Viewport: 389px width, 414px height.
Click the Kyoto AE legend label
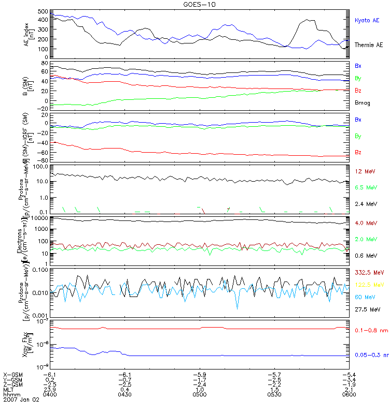tap(367, 21)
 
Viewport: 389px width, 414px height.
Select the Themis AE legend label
tap(368, 45)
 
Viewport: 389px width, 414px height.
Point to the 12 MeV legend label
tap(364, 171)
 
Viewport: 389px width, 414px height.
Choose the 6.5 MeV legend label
tap(365, 187)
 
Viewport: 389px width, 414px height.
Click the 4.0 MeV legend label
tap(365, 223)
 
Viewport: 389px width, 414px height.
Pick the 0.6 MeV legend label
tap(365, 256)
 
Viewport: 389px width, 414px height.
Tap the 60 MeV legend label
tap(364, 297)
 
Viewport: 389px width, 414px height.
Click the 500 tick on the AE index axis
tap(44, 11)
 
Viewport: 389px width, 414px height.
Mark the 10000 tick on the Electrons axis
tap(40, 218)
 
